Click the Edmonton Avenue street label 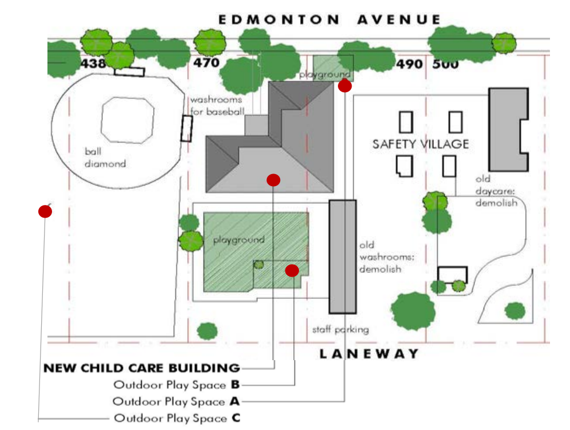[330, 20]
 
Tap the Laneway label [369, 354]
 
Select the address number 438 [93, 63]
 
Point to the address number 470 [206, 63]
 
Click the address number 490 [410, 64]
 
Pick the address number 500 [445, 64]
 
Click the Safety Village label [420, 144]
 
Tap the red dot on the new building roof [273, 180]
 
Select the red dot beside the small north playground [345, 86]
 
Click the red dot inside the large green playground [292, 270]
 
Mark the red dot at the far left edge [45, 211]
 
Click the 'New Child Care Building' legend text [142, 368]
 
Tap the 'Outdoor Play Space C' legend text [177, 418]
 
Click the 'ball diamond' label [105, 158]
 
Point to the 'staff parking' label [340, 330]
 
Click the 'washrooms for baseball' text [216, 105]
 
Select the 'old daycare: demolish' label [496, 190]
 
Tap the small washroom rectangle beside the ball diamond [186, 128]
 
